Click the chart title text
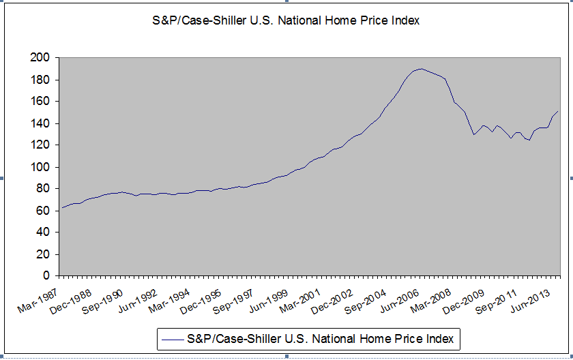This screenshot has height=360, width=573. coord(285,20)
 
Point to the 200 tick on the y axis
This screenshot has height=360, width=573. coord(40,59)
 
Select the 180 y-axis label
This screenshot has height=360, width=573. coord(40,80)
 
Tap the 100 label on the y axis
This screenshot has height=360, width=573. coord(40,167)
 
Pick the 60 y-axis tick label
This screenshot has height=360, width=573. coord(43,211)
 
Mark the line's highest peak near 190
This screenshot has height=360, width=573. coord(421,69)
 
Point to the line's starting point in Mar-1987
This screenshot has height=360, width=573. coord(61,208)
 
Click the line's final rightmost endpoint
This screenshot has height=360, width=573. coord(558,111)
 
